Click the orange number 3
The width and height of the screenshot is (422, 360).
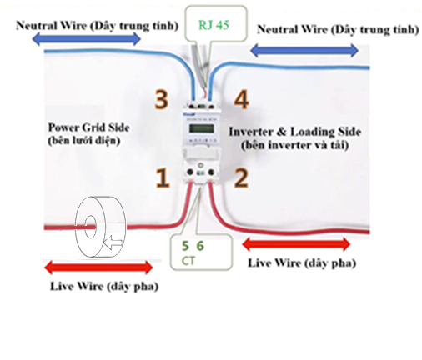point(162,99)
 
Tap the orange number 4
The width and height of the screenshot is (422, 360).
point(241,99)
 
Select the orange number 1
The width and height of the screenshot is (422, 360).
point(163,178)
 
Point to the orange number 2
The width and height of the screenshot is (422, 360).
point(241,178)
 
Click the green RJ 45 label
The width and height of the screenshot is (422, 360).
point(214,25)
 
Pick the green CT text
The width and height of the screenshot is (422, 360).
point(188,261)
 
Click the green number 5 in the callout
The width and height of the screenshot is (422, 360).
point(185,246)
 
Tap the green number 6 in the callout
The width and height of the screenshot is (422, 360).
point(200,246)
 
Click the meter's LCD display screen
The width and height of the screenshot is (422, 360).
point(202,129)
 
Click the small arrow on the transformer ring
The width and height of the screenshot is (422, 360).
point(113,243)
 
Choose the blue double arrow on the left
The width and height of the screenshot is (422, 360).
point(87,39)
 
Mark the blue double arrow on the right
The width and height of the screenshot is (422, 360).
point(304,51)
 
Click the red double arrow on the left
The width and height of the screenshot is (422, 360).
point(98,267)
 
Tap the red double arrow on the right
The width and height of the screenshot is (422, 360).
point(296,244)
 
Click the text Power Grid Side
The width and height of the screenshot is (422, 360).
point(88,127)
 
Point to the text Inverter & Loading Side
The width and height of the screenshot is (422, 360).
point(294,132)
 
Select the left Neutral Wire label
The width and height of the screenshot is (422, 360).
point(97,26)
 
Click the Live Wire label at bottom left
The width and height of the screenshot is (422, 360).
point(104,286)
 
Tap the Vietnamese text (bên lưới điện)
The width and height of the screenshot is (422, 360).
point(84,141)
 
